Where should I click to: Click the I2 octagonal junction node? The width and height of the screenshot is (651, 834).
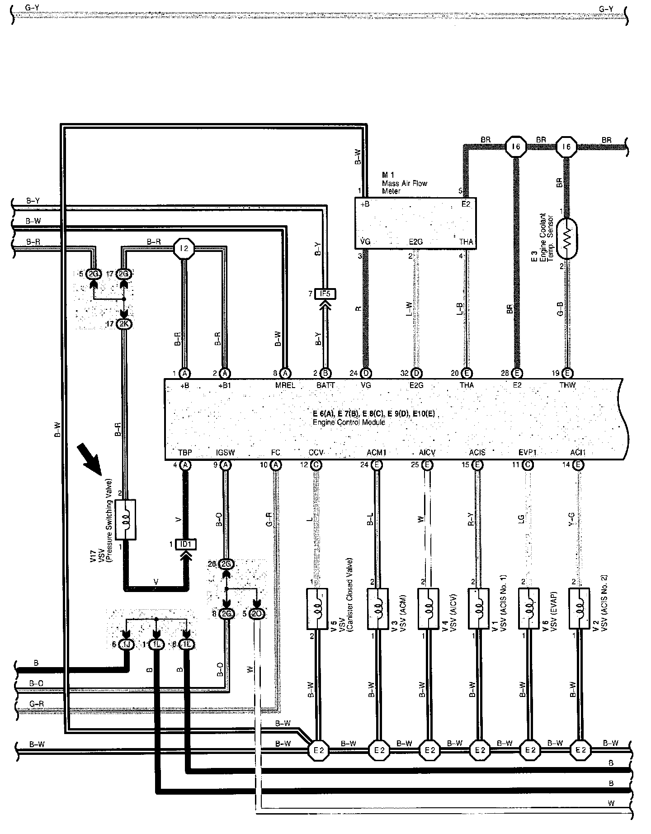(184, 248)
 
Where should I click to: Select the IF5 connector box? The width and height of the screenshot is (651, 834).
(325, 294)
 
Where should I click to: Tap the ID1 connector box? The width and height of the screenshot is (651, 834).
(185, 544)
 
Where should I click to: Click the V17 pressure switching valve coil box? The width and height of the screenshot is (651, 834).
(126, 519)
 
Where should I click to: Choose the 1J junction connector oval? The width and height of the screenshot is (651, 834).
(127, 645)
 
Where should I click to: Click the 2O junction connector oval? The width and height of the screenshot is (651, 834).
(257, 614)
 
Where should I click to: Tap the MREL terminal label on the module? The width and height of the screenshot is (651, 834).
(285, 385)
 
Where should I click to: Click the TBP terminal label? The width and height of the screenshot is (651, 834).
(185, 452)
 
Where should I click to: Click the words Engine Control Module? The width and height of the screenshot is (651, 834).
(349, 422)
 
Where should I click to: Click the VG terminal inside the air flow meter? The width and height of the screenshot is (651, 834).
(366, 242)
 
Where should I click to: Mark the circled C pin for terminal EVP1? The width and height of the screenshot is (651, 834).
(528, 464)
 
